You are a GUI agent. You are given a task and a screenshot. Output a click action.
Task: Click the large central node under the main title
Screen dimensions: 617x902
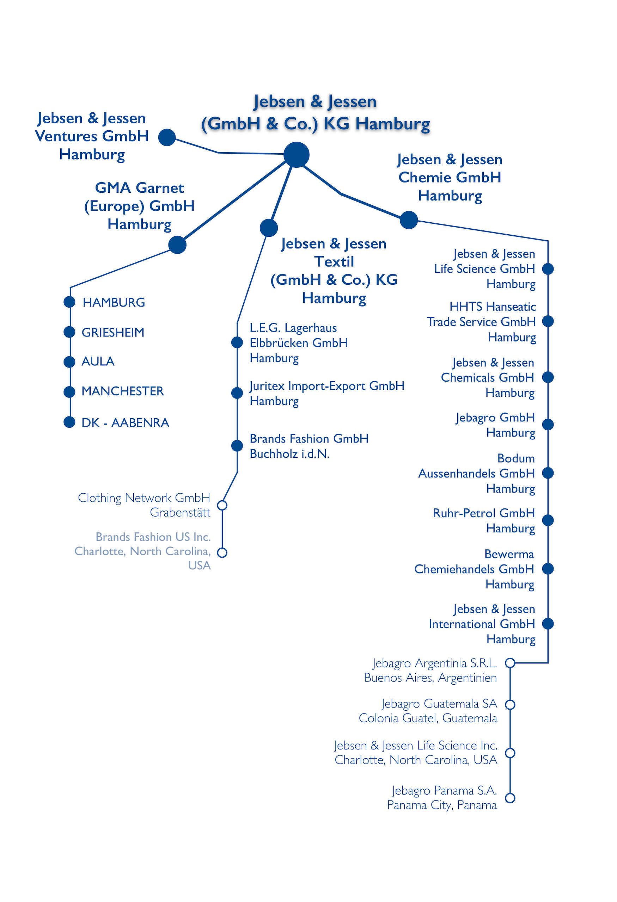pyautogui.click(x=296, y=154)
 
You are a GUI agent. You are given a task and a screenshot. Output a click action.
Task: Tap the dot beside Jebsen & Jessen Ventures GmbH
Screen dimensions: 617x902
pyautogui.click(x=167, y=137)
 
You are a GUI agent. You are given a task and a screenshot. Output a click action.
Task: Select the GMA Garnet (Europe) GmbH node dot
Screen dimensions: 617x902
pyautogui.click(x=177, y=245)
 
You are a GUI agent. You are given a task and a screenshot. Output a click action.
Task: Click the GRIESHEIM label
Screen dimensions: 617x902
pyautogui.click(x=112, y=332)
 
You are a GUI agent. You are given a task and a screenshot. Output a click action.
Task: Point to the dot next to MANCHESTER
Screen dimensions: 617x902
pyautogui.click(x=69, y=391)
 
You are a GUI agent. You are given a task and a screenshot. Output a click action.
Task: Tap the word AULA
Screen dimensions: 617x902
pyautogui.click(x=98, y=362)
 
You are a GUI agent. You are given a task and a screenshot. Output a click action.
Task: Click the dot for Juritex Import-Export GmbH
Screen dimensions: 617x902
pyautogui.click(x=237, y=393)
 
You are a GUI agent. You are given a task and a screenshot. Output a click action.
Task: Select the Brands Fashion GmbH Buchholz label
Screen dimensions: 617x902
pyautogui.click(x=309, y=446)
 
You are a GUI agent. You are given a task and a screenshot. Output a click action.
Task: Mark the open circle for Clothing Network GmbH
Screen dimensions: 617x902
pyautogui.click(x=222, y=505)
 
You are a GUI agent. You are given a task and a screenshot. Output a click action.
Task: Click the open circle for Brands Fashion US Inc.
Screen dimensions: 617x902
pyautogui.click(x=222, y=552)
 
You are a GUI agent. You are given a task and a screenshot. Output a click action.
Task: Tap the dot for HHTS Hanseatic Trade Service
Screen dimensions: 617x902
pyautogui.click(x=548, y=321)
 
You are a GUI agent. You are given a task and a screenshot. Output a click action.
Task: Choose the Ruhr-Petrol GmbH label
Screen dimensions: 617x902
pyautogui.click(x=484, y=520)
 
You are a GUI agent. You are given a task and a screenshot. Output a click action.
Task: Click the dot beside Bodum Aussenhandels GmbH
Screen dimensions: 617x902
pyautogui.click(x=548, y=473)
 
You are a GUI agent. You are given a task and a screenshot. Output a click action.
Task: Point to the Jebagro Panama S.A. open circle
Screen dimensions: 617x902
pyautogui.click(x=510, y=798)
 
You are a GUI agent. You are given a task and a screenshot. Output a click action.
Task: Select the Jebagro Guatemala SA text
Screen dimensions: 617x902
pyautogui.click(x=428, y=711)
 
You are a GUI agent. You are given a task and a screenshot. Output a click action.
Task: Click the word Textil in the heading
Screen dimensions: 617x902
pyautogui.click(x=334, y=261)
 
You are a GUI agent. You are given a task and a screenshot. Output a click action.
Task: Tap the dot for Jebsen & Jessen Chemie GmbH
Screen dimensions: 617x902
pyautogui.click(x=409, y=220)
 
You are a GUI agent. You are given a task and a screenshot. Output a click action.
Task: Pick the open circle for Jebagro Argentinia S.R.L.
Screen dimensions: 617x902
pyautogui.click(x=510, y=662)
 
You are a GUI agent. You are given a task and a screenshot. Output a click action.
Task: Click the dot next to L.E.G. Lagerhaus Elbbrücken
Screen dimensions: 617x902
pyautogui.click(x=237, y=342)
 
